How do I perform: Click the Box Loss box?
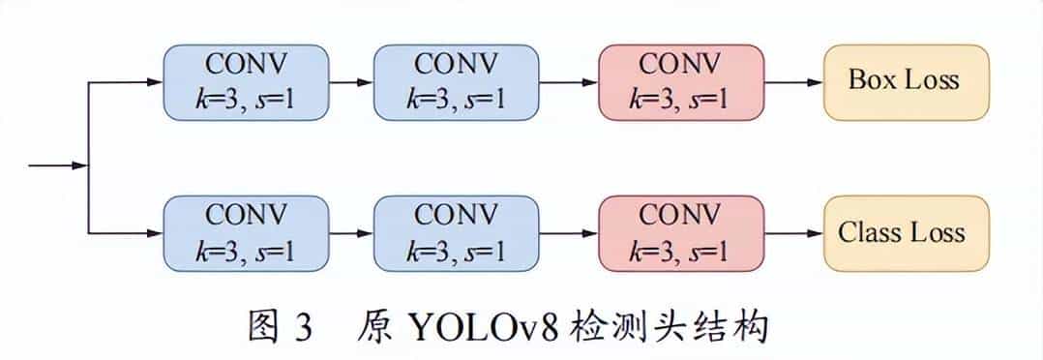tap(907, 81)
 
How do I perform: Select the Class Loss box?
tap(907, 233)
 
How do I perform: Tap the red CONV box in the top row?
tap(681, 81)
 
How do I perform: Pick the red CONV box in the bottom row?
tap(681, 233)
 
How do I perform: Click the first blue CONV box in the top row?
tap(246, 81)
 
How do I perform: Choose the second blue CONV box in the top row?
tap(455, 81)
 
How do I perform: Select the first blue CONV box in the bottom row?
tap(246, 233)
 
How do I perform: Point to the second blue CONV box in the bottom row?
tap(455, 233)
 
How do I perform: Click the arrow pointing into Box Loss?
tap(793, 81)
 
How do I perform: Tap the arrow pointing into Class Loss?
tap(793, 233)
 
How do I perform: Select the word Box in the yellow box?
tap(870, 80)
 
